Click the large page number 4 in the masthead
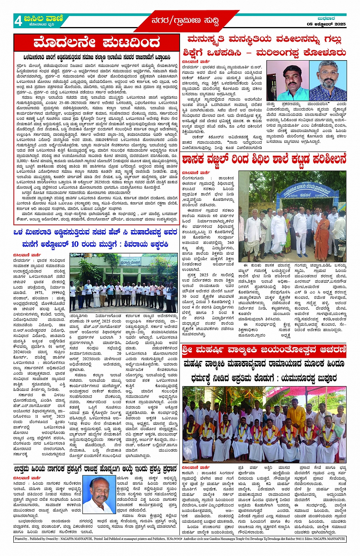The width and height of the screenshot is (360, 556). click(18, 21)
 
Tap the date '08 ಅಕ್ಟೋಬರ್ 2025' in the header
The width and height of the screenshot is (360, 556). click(326, 24)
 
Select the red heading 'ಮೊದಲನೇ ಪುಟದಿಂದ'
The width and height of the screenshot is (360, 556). click(96, 43)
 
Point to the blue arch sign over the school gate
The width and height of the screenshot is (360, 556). click(303, 189)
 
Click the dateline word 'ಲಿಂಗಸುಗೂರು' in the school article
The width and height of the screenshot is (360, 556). click(193, 178)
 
